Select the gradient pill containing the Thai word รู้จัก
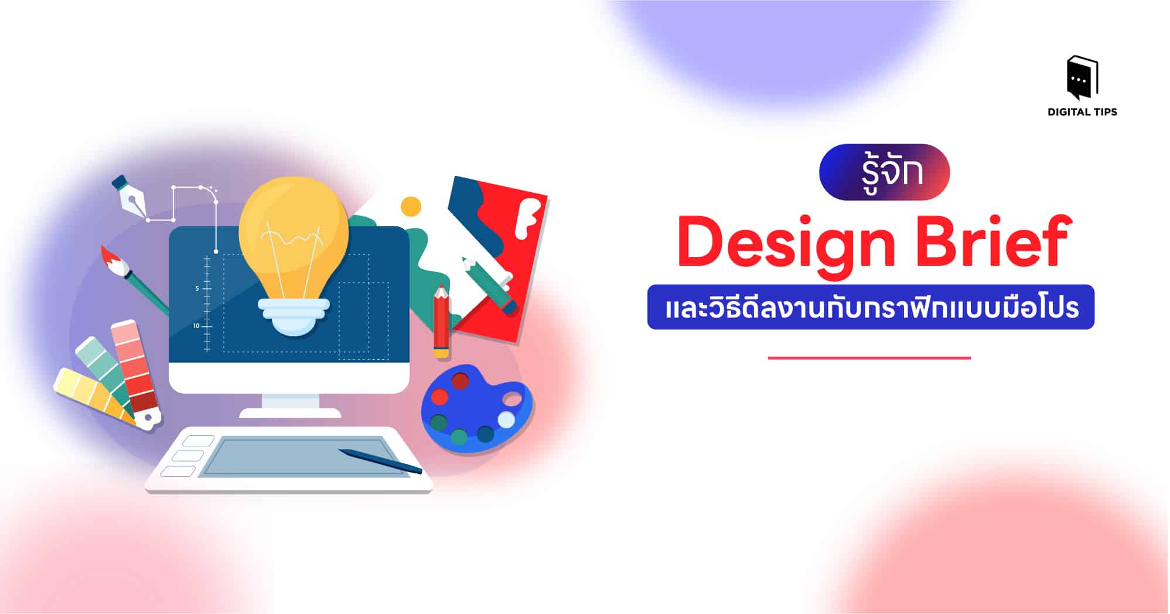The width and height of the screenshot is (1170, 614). [x=884, y=172]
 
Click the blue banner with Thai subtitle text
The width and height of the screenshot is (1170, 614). [x=871, y=308]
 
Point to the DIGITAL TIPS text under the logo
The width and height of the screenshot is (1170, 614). [x=1082, y=112]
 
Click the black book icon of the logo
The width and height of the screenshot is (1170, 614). [x=1082, y=78]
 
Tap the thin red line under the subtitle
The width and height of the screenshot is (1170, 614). [x=869, y=357]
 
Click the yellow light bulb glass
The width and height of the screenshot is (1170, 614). [x=293, y=234]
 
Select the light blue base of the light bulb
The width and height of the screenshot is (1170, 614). [x=294, y=316]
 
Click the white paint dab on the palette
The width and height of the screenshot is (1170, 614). [x=506, y=419]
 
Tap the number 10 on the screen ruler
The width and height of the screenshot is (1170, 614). [x=196, y=326]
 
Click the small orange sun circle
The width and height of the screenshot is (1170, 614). [x=411, y=206]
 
